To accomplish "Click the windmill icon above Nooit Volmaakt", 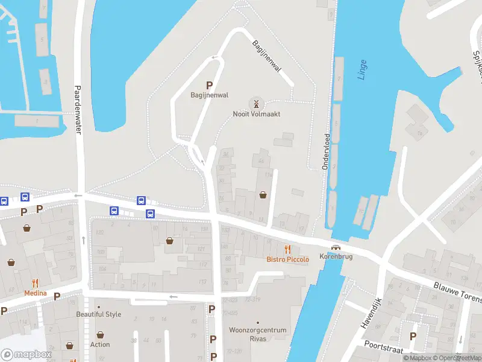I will click(x=257, y=103).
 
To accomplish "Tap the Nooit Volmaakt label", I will click(x=257, y=113).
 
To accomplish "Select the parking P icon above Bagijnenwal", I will click(x=210, y=86).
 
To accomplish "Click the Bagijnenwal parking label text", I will click(x=210, y=95).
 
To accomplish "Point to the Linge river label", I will click(x=362, y=69).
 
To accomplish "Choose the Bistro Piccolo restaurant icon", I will click(x=288, y=249).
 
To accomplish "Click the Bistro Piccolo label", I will click(x=288, y=259).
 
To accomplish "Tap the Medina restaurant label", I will click(x=35, y=293).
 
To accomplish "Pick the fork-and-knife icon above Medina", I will click(x=35, y=283).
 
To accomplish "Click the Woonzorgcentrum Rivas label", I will click(x=258, y=334).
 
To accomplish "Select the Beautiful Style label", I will click(x=99, y=314).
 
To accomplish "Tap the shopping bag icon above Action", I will click(x=100, y=334).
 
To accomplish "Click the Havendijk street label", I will click(x=372, y=313).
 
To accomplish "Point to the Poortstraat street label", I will click(x=383, y=343).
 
